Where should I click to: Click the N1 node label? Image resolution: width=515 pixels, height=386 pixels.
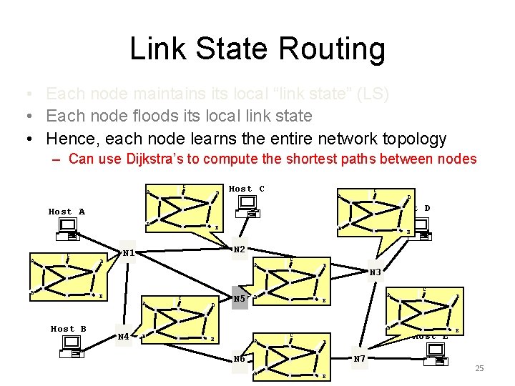coord(129,252)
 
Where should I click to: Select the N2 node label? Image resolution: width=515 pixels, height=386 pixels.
coord(240,249)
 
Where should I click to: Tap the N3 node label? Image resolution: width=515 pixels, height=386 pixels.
coord(376,272)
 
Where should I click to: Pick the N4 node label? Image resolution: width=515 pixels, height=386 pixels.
coord(124,335)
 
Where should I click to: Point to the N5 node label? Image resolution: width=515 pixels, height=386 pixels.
coord(239,299)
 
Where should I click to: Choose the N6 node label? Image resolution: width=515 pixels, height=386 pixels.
coord(239,359)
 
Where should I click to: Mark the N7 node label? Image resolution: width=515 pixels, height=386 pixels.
coord(360,358)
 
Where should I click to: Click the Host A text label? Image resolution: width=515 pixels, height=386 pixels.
coord(67,212)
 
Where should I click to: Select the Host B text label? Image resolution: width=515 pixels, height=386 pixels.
coord(69,329)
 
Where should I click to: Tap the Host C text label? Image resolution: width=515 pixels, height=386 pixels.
coord(246,189)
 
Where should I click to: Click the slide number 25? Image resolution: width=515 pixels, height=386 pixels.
coord(479,368)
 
